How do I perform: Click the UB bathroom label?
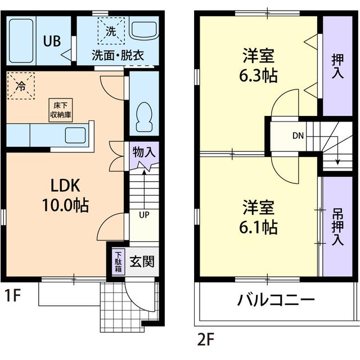[x=52, y=40]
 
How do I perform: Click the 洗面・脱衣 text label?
[x=119, y=55]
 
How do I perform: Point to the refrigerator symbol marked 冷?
[x=21, y=86]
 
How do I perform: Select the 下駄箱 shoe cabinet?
[x=118, y=261]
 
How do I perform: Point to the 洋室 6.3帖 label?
[x=259, y=65]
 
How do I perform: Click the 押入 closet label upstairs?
[x=337, y=66]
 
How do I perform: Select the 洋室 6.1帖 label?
[x=259, y=217]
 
